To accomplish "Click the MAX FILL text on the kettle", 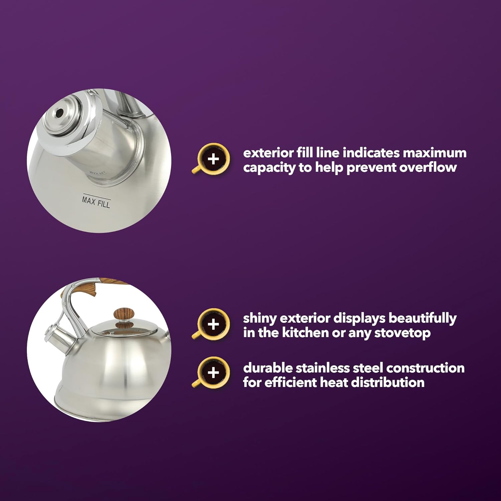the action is coord(96,201).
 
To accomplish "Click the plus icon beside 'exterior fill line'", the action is coord(213,159).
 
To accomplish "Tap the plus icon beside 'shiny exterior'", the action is coord(213,324).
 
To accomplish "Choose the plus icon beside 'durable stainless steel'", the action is coord(213,372).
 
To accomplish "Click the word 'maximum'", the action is coord(435,153).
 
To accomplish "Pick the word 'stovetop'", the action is coord(402,333).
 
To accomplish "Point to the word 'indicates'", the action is coord(371,153).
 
